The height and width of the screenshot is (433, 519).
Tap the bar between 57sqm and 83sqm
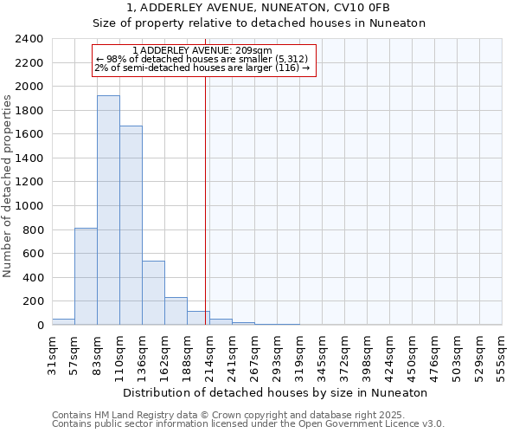click(x=86, y=276)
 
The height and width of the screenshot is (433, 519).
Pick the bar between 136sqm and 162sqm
click(x=153, y=293)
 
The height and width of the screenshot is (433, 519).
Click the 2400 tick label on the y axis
click(x=29, y=39)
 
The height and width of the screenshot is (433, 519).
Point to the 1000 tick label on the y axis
click(x=29, y=206)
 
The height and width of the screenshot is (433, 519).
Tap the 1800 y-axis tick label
click(x=29, y=111)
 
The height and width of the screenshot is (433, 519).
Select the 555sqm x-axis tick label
click(x=503, y=354)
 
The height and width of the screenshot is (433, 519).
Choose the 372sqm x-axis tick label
click(x=344, y=354)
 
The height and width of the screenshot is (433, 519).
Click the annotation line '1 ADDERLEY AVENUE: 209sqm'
click(x=204, y=50)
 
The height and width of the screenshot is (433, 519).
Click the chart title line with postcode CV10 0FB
click(x=259, y=8)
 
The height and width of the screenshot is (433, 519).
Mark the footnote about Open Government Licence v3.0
click(x=248, y=424)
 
